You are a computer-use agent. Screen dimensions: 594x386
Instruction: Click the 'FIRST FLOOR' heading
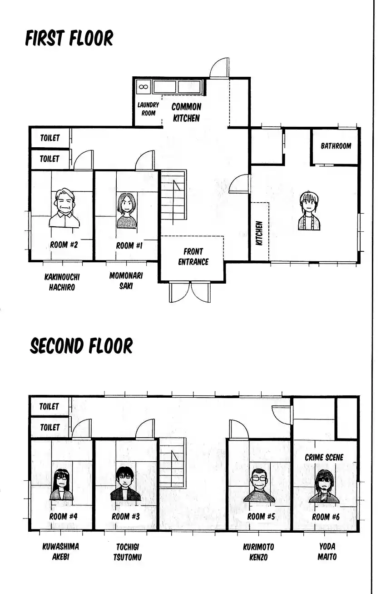69,38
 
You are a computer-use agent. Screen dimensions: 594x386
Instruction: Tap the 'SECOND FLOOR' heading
81,346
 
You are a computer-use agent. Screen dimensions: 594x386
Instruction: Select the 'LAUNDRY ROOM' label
148,109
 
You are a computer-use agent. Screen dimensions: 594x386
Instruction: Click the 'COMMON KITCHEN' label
186,112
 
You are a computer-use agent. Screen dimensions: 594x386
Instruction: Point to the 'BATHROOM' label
336,146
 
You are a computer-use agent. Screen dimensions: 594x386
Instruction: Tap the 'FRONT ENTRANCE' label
193,256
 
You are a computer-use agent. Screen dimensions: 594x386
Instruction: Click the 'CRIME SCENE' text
324,457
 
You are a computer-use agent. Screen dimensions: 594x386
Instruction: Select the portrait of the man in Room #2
64,208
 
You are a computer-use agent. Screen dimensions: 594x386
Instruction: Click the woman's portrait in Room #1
127,210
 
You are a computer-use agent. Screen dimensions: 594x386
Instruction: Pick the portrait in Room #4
62,485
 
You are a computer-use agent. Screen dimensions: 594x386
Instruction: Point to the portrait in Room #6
324,486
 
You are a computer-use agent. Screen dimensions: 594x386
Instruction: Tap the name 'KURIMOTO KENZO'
258,552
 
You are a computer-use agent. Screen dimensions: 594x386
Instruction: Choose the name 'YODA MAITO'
327,552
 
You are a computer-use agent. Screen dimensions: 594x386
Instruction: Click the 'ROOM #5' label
261,516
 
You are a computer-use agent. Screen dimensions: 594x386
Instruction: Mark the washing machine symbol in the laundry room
143,86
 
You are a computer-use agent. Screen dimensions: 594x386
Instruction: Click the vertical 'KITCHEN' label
259,233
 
